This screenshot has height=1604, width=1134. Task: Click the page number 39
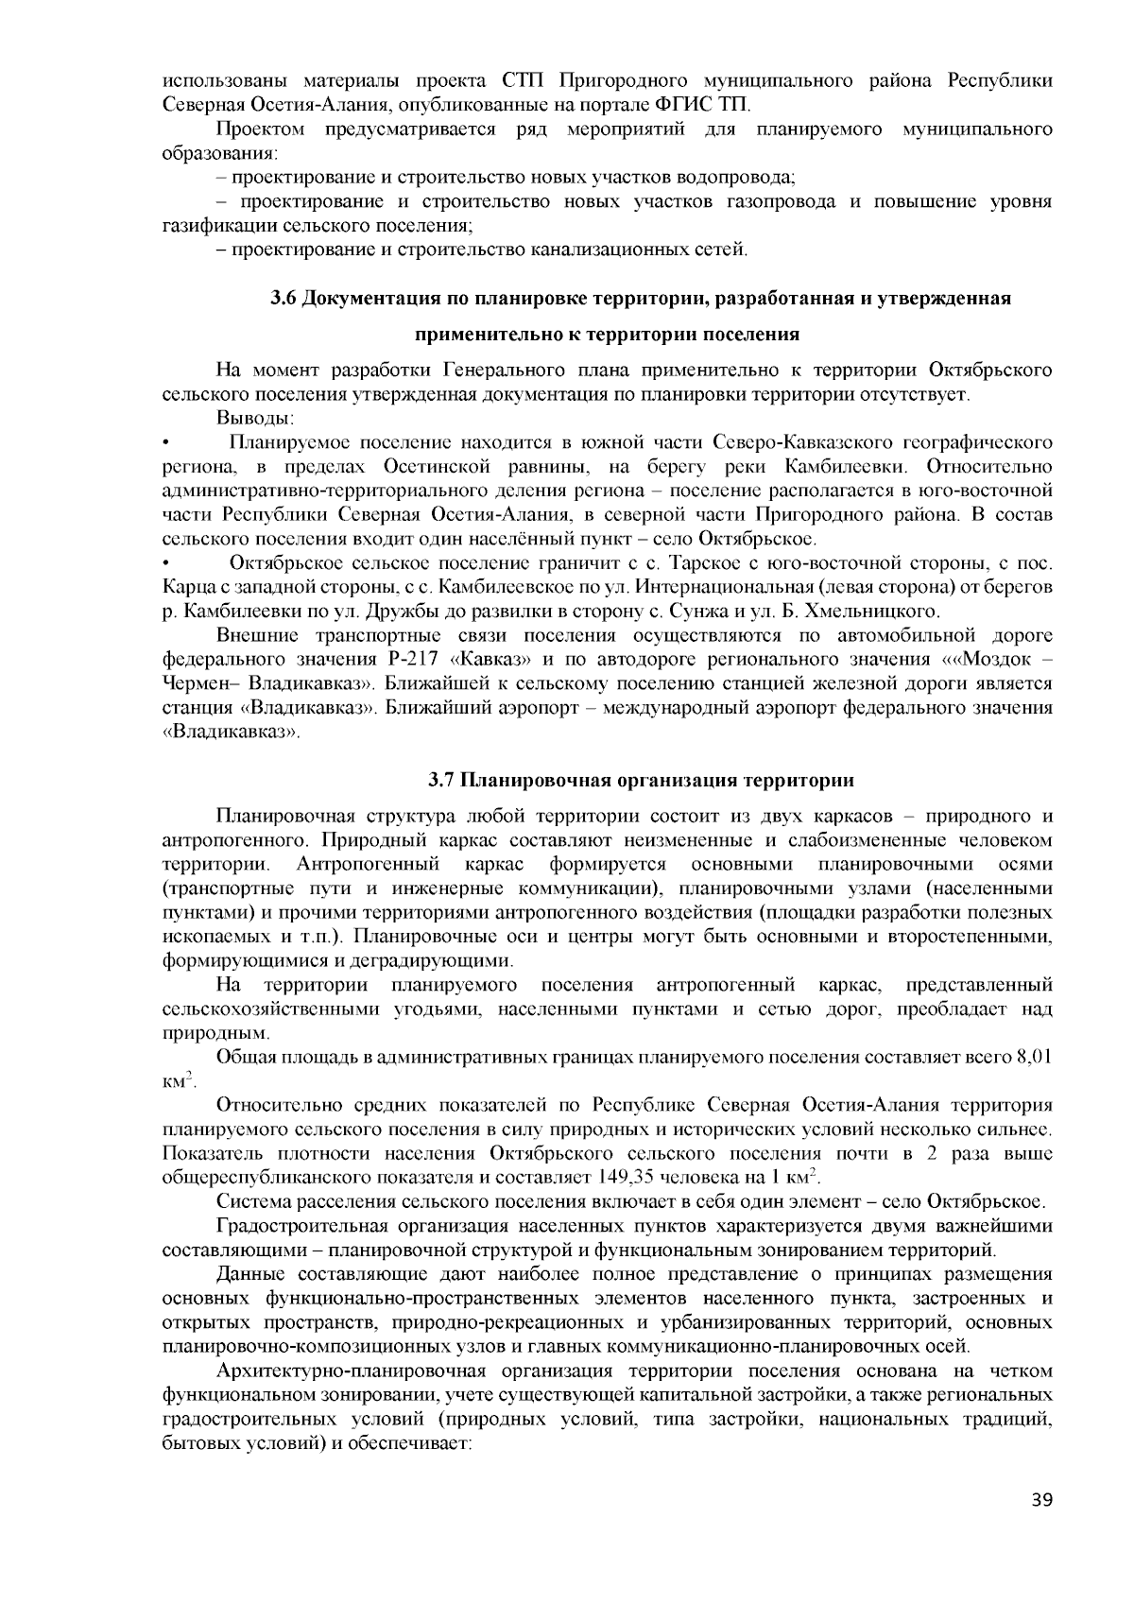pos(1040,1500)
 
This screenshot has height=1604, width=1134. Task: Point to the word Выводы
pos(255,418)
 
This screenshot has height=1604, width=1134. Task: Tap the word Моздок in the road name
pos(991,659)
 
